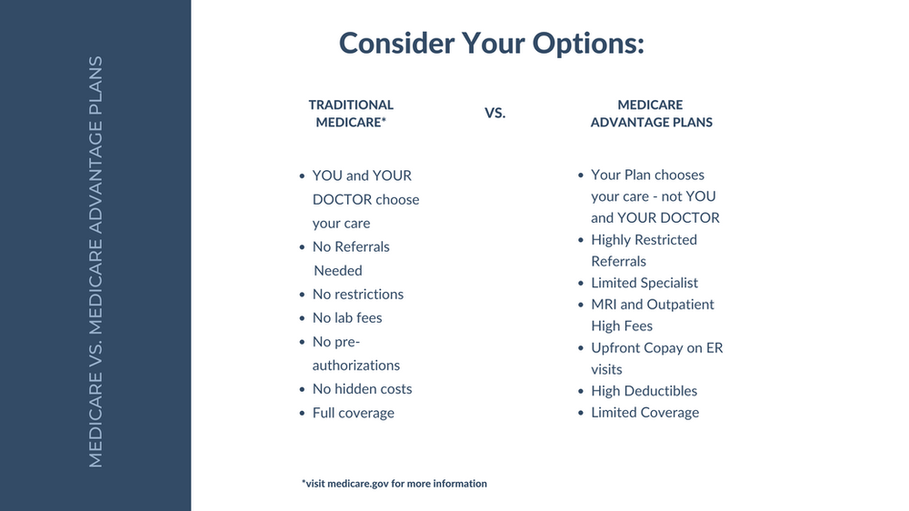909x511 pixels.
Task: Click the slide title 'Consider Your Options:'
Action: [x=492, y=44]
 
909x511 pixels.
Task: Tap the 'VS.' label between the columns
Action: [x=495, y=113]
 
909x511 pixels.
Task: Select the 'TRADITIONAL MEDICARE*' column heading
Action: [x=351, y=113]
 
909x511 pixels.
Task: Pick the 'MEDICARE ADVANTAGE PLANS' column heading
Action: [x=651, y=113]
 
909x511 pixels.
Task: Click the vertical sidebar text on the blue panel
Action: [x=95, y=262]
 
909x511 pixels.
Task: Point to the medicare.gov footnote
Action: [x=395, y=483]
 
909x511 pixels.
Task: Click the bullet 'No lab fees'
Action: [x=347, y=318]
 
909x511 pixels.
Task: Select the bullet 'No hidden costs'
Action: [x=363, y=388]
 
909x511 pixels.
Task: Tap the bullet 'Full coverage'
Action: [x=353, y=413]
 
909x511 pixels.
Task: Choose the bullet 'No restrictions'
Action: [x=357, y=294]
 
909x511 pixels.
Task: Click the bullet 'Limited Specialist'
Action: [x=644, y=283]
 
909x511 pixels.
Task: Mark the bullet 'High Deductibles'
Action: [x=644, y=391]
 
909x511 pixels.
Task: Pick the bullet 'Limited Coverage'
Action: [x=645, y=413]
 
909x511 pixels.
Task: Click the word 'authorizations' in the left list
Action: [x=356, y=366]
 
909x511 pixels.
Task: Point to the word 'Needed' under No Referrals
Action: [x=338, y=271]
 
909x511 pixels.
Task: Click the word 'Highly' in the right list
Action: [x=610, y=240]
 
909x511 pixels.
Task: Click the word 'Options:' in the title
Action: [x=588, y=44]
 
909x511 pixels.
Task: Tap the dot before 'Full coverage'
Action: [x=302, y=414]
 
